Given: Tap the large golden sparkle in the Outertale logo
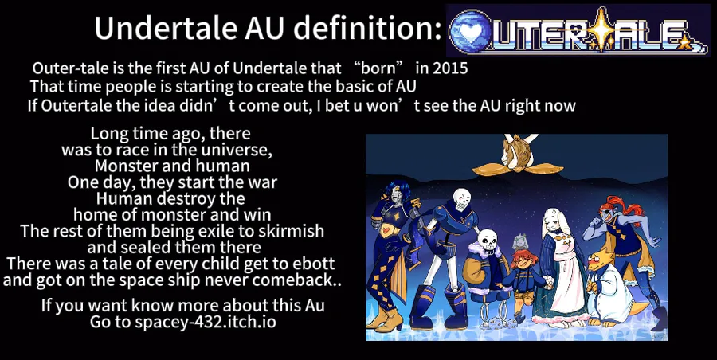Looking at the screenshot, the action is coord(601,29).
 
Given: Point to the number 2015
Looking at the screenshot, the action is coord(450,68).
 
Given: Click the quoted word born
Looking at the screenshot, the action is coord(378,68).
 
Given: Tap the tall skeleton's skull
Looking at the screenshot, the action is coord(462,198).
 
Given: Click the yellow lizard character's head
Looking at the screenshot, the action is coord(597,262).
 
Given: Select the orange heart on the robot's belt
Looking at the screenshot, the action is coord(388,229).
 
